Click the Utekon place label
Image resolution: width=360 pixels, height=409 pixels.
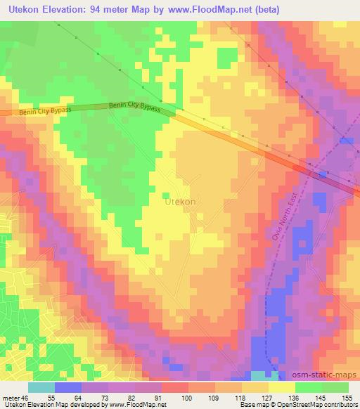179,200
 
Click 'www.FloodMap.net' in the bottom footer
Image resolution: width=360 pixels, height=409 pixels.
136,405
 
